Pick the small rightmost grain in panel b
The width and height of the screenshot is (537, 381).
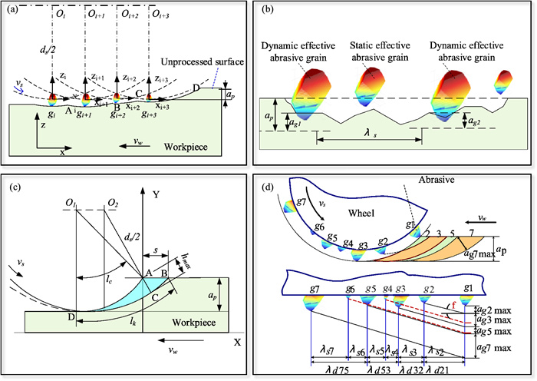coord(504,82)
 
